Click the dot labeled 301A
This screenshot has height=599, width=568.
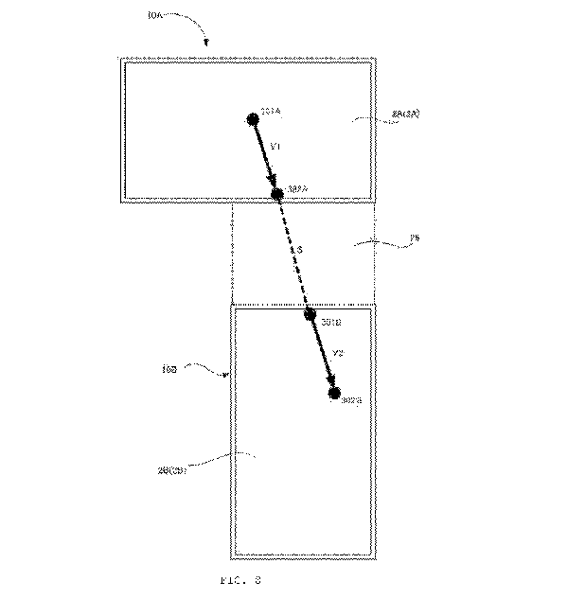[x=253, y=119]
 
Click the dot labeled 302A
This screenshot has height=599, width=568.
[x=276, y=194]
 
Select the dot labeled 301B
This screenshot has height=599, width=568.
[x=310, y=314]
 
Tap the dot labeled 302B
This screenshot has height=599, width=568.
[x=333, y=392]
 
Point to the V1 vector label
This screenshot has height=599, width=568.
[x=275, y=148]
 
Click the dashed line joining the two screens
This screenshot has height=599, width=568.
[x=293, y=254]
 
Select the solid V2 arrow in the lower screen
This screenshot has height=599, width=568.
[x=321, y=352]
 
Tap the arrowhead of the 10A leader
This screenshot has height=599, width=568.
[x=207, y=43]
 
